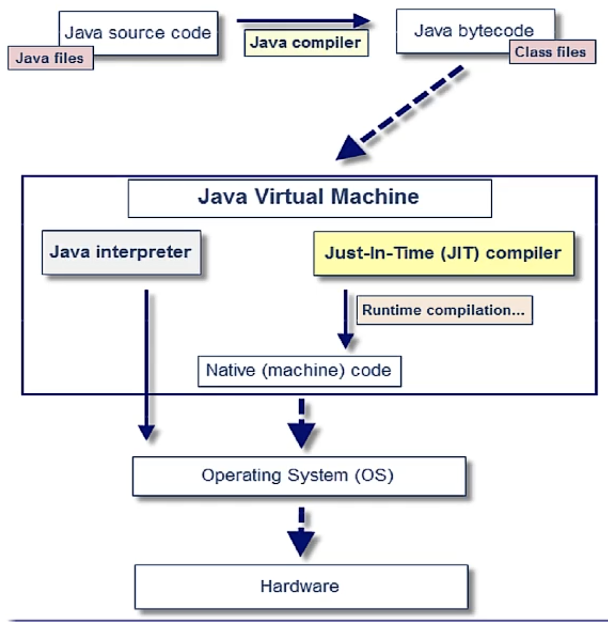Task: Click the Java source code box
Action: pyautogui.click(x=138, y=33)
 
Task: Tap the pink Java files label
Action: pyautogui.click(x=51, y=58)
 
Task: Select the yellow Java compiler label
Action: pyautogui.click(x=306, y=43)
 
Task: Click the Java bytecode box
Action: pyautogui.click(x=476, y=31)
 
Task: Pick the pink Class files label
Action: pyautogui.click(x=553, y=52)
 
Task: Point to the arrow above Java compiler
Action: pyautogui.click(x=304, y=21)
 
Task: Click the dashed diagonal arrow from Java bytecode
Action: pyautogui.click(x=400, y=113)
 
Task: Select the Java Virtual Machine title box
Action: pyautogui.click(x=310, y=199)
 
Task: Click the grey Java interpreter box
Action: pyautogui.click(x=121, y=252)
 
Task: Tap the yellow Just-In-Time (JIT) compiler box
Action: pyautogui.click(x=444, y=253)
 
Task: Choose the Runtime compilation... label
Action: pyautogui.click(x=445, y=310)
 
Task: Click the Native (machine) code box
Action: pyautogui.click(x=300, y=371)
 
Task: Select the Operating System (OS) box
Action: pyautogui.click(x=299, y=476)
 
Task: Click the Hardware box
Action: pyautogui.click(x=301, y=587)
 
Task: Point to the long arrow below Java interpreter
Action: pyautogui.click(x=147, y=365)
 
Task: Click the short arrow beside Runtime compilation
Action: pyautogui.click(x=346, y=319)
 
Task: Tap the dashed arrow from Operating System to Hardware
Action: pyautogui.click(x=301, y=532)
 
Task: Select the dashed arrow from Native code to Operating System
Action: pyautogui.click(x=302, y=423)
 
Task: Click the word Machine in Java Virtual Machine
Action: pyautogui.click(x=375, y=196)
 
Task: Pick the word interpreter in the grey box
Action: pyautogui.click(x=144, y=253)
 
